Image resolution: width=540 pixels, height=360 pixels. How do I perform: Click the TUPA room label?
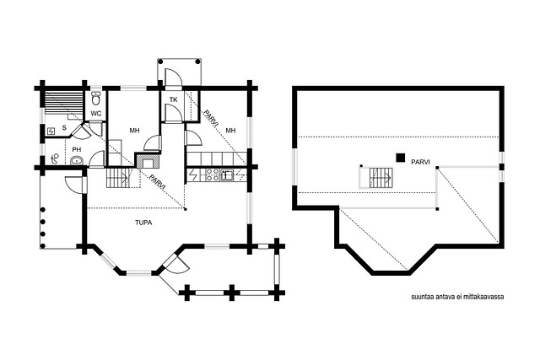143,223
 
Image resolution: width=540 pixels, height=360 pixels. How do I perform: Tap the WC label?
96,113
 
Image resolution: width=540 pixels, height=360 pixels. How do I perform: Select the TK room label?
173,99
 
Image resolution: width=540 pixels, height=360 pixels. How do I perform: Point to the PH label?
77,150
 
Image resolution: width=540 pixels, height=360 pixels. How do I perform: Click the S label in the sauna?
64,127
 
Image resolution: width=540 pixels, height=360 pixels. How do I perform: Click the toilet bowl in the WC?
96,98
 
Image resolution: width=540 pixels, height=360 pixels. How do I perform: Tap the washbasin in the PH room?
77,160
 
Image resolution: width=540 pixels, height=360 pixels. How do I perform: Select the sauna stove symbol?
51,132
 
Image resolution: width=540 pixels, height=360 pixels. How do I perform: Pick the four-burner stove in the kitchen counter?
212,175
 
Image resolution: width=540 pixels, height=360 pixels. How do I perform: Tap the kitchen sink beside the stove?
227,175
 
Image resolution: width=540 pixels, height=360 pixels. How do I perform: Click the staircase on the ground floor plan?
118,178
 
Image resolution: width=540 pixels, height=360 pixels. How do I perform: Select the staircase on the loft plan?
381,178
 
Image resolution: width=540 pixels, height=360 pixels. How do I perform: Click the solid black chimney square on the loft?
400,158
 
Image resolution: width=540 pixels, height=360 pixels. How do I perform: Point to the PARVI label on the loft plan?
420,162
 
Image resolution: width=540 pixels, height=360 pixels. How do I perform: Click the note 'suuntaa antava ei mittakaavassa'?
457,297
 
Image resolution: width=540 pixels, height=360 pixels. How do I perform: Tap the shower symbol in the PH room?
54,159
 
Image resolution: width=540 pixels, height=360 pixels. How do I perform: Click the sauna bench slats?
64,104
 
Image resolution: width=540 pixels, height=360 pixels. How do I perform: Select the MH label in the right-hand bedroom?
230,131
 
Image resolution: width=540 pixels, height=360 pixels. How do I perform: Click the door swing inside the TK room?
173,113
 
